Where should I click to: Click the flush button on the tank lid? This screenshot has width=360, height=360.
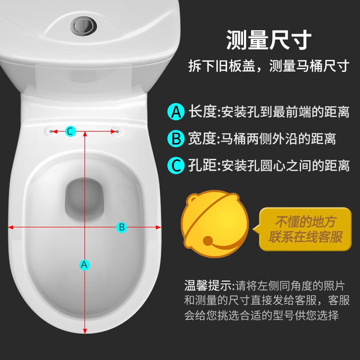coord(83,26)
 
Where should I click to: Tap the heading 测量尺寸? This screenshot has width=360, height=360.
coord(269,40)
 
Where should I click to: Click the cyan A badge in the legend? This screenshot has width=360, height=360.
coord(176,112)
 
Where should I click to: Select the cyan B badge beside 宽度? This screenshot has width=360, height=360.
coord(176,139)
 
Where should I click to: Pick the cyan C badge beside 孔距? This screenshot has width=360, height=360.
coord(176,165)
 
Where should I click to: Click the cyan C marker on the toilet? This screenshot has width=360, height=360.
coord(71,131)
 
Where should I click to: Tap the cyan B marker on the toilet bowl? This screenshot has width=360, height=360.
coord(121,227)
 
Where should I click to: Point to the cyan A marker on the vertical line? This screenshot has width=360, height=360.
coord(85,265)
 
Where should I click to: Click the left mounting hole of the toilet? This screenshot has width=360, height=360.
coord(51,131)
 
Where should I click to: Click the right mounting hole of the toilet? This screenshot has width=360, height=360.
coord(117,131)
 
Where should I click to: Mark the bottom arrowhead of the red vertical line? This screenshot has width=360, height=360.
coord(85,331)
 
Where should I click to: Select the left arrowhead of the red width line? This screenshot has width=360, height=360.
coord(10,227)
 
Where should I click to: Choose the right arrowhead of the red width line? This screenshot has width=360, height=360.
coord(158,227)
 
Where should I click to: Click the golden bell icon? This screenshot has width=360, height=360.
coord(215,224)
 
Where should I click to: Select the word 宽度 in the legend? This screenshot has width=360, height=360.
coord(202,139)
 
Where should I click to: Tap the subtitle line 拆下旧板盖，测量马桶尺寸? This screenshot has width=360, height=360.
coord(269,66)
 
